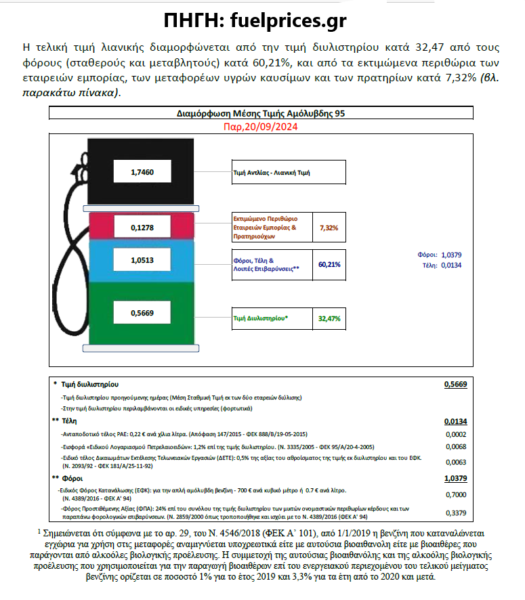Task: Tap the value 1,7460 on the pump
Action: [142, 172]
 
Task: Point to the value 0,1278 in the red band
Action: [142, 228]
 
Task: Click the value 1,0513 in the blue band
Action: [142, 259]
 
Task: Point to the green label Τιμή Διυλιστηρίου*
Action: [260, 317]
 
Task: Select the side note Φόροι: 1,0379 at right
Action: [441, 255]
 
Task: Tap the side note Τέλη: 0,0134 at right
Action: [441, 265]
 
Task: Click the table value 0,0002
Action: [455, 433]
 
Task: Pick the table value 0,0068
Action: [455, 447]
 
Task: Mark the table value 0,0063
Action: [455, 463]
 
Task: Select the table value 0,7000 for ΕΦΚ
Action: [455, 495]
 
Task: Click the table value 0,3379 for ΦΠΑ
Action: [455, 512]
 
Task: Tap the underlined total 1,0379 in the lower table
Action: [455, 478]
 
